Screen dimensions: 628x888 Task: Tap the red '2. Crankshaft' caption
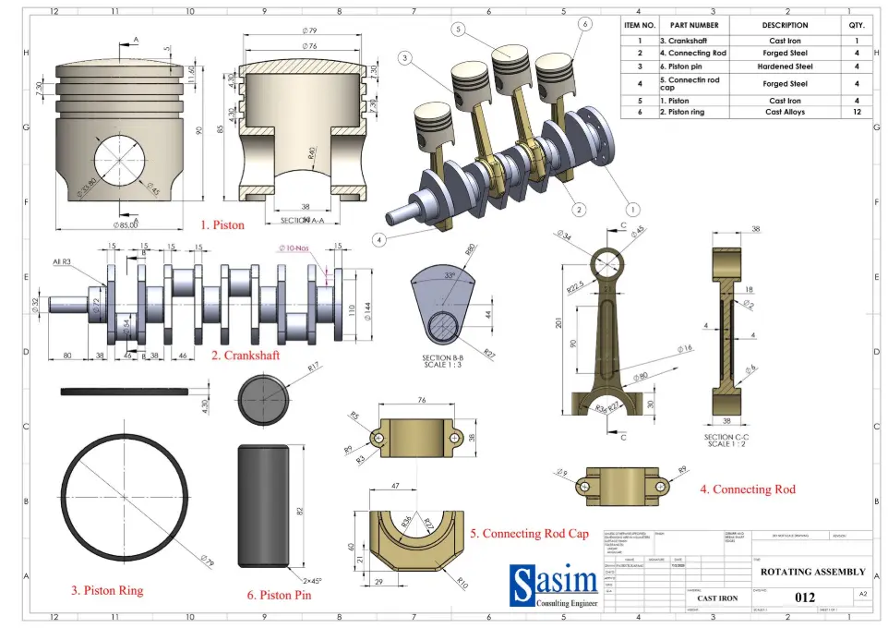(246, 355)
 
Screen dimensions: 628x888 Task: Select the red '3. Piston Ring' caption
(107, 589)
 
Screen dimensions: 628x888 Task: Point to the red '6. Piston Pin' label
(279, 596)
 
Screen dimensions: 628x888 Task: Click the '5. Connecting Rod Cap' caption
(529, 534)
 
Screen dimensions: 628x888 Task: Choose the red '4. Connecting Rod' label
(747, 489)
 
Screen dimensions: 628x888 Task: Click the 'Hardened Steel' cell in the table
(785, 66)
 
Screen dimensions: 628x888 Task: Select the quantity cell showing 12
(857, 112)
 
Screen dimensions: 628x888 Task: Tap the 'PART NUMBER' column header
(693, 26)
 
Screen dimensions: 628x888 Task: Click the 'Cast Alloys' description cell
(785, 112)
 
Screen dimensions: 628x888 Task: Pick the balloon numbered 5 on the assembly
(457, 30)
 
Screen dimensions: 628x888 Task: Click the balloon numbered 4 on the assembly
(378, 239)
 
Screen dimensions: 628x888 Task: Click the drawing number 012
(805, 598)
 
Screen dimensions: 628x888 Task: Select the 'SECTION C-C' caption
(729, 437)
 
